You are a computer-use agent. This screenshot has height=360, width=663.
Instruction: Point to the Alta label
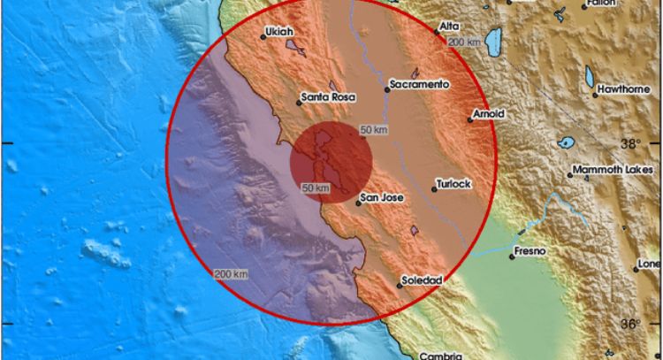coord(449,27)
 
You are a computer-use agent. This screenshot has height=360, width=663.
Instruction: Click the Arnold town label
coord(489,114)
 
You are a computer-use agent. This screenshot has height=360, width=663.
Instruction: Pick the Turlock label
coord(455,184)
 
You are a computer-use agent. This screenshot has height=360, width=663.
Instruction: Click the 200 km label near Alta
coord(466,42)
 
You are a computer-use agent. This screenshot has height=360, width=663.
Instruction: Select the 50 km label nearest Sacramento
coord(375,131)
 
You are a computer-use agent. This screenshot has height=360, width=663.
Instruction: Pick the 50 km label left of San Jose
coord(316,188)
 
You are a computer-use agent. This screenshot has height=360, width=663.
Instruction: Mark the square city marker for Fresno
coord(513,257)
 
